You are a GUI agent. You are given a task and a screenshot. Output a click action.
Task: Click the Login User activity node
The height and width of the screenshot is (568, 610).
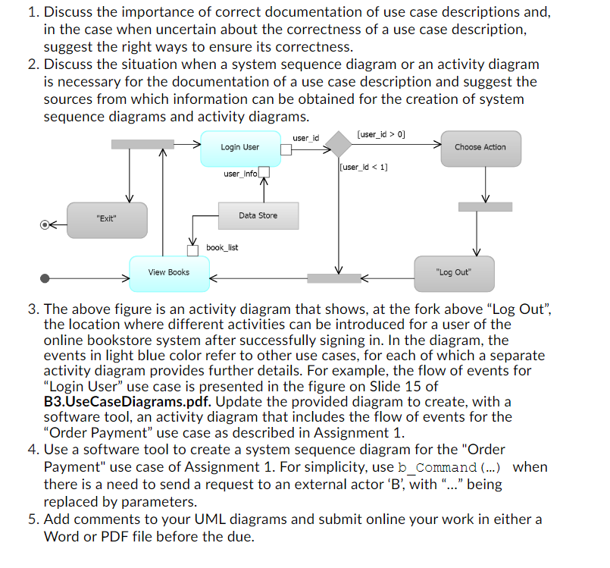[x=239, y=147]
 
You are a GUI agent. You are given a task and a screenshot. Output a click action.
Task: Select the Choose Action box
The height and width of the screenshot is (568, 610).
[x=480, y=147]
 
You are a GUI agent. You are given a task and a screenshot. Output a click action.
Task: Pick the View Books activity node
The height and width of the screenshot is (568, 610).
[x=168, y=272]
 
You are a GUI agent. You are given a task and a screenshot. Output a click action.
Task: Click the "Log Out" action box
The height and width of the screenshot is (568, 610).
[x=454, y=272]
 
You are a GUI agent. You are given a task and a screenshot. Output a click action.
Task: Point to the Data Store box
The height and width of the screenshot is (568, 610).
[x=258, y=215]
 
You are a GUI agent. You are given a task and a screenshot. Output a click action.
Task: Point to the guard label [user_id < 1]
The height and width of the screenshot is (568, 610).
[x=364, y=167]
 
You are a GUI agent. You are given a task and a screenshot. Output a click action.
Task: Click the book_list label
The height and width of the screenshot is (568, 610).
[x=222, y=247]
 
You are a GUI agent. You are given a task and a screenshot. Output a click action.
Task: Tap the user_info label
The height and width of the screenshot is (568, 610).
[x=240, y=174]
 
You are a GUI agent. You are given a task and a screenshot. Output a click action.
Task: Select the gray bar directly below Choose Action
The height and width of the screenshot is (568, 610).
[x=485, y=206]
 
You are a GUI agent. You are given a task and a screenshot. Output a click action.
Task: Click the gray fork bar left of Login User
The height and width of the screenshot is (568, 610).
[x=142, y=144]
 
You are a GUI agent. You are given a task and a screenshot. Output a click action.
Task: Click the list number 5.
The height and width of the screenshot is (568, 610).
[x=33, y=519]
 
